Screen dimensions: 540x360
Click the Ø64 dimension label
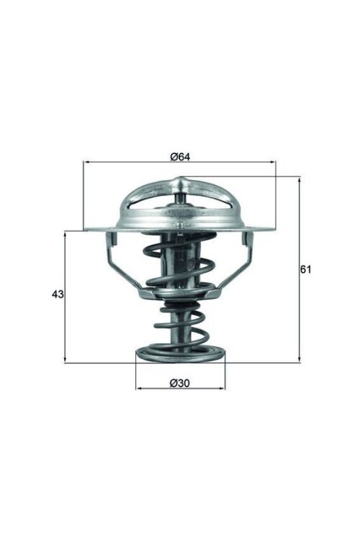click(180, 156)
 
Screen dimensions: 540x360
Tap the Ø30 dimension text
click(180, 382)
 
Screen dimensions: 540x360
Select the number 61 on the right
click(305, 269)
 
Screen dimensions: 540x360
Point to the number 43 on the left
click(58, 294)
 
